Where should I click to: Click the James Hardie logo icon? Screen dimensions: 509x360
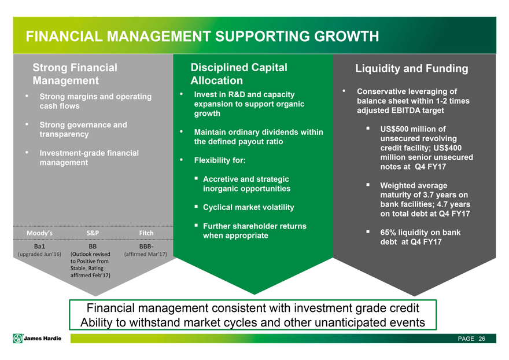click(18, 338)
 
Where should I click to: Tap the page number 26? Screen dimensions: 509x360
click(482, 339)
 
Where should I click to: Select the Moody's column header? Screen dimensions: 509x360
click(39, 233)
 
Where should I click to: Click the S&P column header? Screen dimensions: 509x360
click(93, 233)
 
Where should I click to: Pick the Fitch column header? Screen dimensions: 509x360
click(146, 233)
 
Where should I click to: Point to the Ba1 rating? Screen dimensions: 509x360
click(39, 247)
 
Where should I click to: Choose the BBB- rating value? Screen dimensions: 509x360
click(146, 247)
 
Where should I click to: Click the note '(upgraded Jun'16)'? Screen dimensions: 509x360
click(39, 254)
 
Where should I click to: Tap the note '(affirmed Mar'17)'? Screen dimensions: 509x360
click(146, 254)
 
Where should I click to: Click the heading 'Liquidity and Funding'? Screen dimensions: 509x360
click(412, 68)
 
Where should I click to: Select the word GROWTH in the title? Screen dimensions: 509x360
click(346, 36)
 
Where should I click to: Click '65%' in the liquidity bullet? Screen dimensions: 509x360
click(388, 232)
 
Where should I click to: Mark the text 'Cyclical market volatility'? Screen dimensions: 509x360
click(249, 207)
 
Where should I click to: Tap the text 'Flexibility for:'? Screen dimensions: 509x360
click(220, 160)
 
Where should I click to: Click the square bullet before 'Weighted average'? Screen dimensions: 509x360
click(368, 185)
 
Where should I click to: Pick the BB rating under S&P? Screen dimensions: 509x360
click(93, 247)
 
